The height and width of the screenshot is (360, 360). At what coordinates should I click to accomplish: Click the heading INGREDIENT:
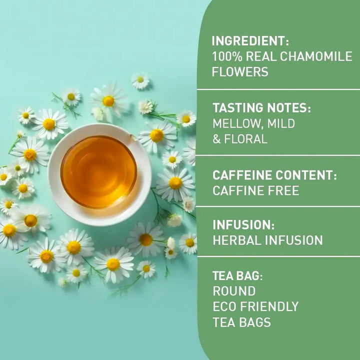tap(250, 41)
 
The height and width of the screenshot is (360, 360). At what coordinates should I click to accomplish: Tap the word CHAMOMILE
tap(316, 56)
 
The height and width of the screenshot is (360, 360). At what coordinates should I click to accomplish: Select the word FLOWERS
tap(240, 71)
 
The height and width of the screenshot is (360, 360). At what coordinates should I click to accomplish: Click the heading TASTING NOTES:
tap(261, 108)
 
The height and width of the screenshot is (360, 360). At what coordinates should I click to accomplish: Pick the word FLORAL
tap(245, 139)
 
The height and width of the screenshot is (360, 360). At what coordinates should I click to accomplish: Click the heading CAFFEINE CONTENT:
tap(274, 175)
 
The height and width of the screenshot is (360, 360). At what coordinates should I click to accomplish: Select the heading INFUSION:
tap(243, 225)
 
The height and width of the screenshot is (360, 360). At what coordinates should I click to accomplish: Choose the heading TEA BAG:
tap(237, 275)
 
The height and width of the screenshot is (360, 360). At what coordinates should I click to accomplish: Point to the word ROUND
tap(234, 291)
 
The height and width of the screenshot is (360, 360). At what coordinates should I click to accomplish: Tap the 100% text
tap(227, 56)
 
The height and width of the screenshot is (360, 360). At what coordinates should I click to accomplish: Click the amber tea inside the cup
tap(98, 171)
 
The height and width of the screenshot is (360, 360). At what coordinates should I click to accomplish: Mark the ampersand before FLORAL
tap(216, 139)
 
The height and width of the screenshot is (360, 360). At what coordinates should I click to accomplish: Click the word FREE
tap(288, 190)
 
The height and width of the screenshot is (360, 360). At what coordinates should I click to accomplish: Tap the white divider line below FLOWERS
tap(278, 89)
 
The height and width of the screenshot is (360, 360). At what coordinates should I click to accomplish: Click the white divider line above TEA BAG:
tap(278, 256)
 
